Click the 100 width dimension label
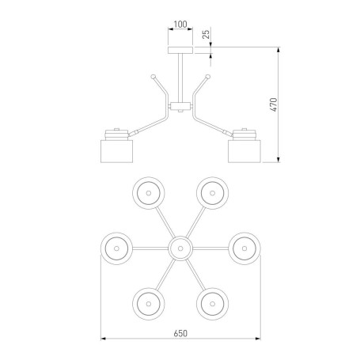click(x=180, y=25)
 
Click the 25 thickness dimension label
click(x=207, y=34)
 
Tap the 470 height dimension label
click(x=275, y=104)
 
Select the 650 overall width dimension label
click(x=180, y=333)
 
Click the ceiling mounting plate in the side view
click(x=180, y=51)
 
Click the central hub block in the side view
click(x=180, y=107)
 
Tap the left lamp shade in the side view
click(x=116, y=151)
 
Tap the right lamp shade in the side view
click(x=244, y=151)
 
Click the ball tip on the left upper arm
click(x=153, y=77)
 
